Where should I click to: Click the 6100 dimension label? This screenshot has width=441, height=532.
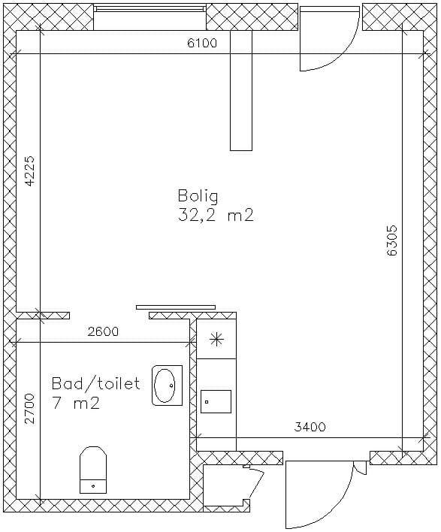(x=202, y=43)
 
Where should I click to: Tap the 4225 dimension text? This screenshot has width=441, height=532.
(x=30, y=171)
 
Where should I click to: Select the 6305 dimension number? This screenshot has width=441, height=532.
(x=392, y=240)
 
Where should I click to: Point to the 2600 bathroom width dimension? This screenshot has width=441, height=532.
(x=103, y=331)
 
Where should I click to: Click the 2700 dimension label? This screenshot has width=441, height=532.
(x=29, y=409)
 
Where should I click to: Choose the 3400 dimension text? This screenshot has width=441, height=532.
(x=310, y=427)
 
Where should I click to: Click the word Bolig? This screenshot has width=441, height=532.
(x=198, y=197)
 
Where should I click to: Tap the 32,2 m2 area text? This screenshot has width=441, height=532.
(x=216, y=215)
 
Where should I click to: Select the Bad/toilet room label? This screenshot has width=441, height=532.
(x=95, y=383)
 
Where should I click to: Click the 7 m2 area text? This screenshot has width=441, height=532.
(x=76, y=404)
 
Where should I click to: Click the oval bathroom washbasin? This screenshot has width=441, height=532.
(x=167, y=385)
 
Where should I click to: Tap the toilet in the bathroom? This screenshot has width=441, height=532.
(x=93, y=470)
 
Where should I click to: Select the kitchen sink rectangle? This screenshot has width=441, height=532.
(x=216, y=402)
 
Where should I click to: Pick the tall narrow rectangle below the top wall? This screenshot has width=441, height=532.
(x=241, y=90)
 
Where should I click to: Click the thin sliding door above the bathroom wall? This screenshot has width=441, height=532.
(x=176, y=307)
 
